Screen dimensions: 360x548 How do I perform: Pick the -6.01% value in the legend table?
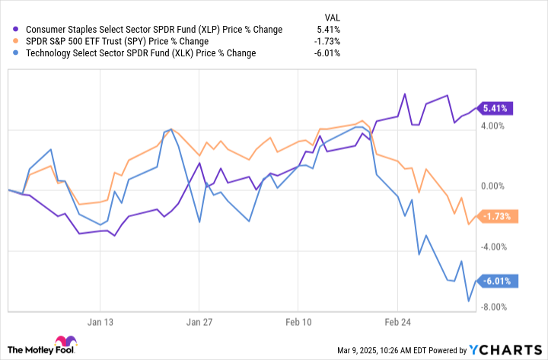point(327,53)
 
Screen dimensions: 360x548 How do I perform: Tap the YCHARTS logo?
point(505,349)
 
